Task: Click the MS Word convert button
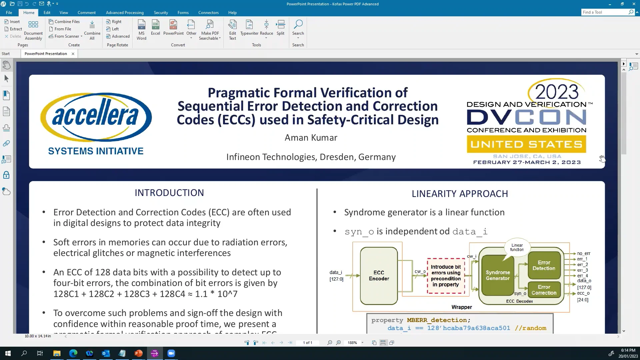pyautogui.click(x=141, y=29)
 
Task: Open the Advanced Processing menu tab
pyautogui.click(x=125, y=12)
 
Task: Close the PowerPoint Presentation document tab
pyautogui.click(x=73, y=54)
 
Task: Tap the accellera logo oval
pyautogui.click(x=96, y=117)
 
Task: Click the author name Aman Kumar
pyautogui.click(x=311, y=138)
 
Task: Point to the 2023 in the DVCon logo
pyautogui.click(x=557, y=92)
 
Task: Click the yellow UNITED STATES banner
pyautogui.click(x=526, y=144)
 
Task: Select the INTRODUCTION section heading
pyautogui.click(x=169, y=193)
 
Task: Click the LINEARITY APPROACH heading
pyautogui.click(x=460, y=194)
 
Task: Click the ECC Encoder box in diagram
pyautogui.click(x=379, y=275)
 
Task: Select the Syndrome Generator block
pyautogui.click(x=497, y=275)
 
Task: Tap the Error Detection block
pyautogui.click(x=544, y=265)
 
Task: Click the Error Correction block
pyautogui.click(x=544, y=290)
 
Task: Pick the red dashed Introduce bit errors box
pyautogui.click(x=446, y=276)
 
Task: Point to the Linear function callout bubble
pyautogui.click(x=517, y=247)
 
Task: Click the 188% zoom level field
pyautogui.click(x=352, y=343)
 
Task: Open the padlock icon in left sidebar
pyautogui.click(x=6, y=175)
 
